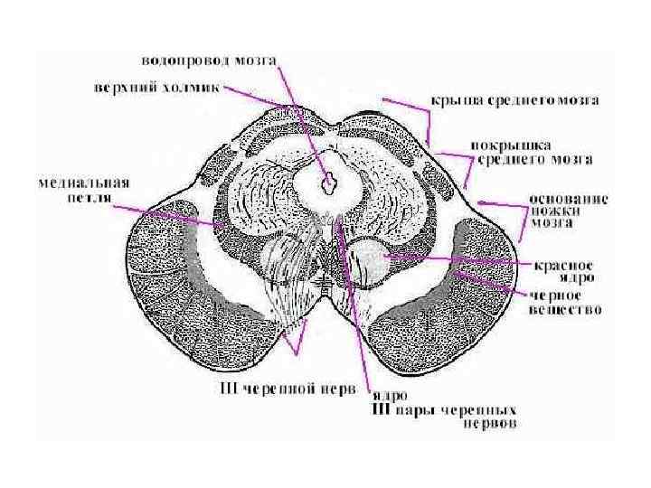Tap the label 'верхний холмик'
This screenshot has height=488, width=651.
click(158, 89)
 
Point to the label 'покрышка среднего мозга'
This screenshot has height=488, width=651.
click(533, 152)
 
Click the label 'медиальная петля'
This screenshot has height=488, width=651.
click(83, 188)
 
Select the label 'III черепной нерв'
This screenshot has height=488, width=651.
click(280, 390)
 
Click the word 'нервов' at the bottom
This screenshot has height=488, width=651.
click(488, 423)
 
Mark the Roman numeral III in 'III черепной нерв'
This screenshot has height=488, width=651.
click(230, 390)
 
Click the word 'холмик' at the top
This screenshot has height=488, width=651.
click(187, 89)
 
